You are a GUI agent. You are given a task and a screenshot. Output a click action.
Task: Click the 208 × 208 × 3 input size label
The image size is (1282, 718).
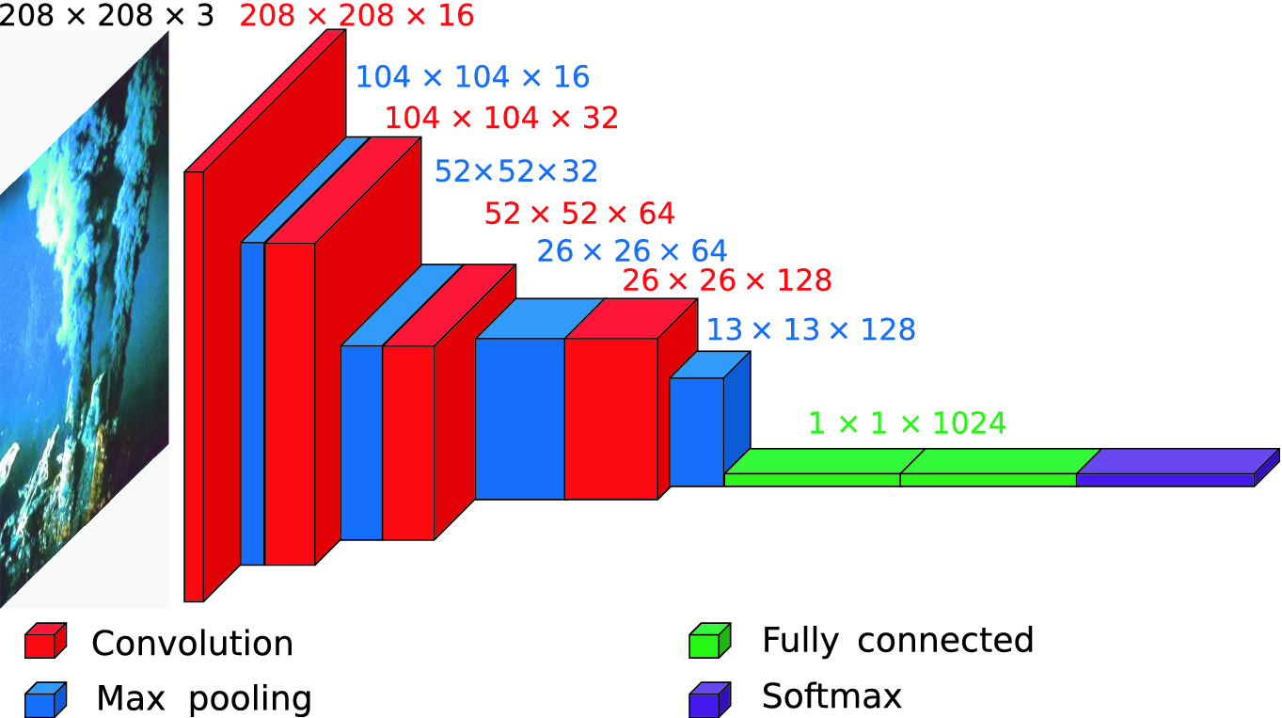106,16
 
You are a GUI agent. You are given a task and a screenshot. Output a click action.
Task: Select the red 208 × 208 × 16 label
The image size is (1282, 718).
357,16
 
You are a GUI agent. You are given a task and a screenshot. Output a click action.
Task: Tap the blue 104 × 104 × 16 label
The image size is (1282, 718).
472,77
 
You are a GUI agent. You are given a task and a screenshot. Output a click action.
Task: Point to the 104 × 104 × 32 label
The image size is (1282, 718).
501,118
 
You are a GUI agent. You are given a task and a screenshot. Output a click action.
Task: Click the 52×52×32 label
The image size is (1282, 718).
516,171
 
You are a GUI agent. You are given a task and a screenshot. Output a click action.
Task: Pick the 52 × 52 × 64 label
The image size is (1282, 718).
579,214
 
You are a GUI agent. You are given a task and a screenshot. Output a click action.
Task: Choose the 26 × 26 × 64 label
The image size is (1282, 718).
632,251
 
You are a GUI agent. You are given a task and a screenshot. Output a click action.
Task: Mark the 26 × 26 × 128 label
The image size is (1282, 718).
726,280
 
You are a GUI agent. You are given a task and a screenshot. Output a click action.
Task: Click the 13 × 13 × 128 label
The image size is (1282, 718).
811,329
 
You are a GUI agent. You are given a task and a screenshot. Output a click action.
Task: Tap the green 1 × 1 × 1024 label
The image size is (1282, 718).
908,423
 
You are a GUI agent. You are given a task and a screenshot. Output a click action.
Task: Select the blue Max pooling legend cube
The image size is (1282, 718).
46,698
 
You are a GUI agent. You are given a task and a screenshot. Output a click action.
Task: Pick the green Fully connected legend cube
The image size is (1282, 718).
710,641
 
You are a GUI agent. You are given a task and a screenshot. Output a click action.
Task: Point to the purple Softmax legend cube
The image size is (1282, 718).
710,698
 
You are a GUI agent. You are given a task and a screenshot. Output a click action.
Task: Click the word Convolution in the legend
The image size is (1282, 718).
193,644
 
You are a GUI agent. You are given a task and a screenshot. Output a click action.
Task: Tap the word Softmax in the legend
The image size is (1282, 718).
831,696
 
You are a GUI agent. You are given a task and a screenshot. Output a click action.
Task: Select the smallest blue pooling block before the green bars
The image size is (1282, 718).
697,431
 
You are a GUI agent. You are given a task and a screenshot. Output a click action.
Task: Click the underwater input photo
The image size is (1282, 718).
85,320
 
